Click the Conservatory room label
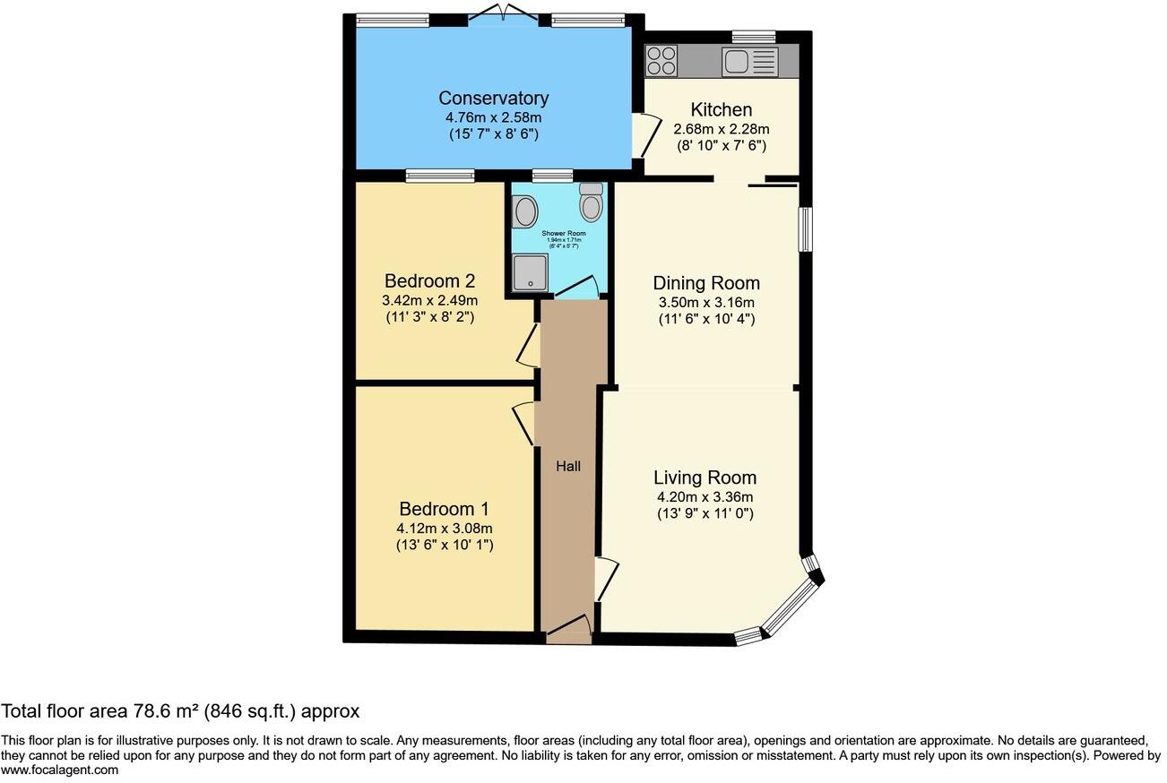[493, 99]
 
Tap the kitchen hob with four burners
[661, 61]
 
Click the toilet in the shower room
[591, 204]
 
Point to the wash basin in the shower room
[525, 212]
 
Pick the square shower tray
[529, 271]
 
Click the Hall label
[568, 466]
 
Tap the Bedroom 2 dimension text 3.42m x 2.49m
[429, 300]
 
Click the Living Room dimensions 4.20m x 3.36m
[705, 497]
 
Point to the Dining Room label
[706, 283]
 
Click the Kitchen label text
[722, 110]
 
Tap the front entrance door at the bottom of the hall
[568, 629]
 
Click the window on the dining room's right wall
[805, 229]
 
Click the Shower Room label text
[564, 233]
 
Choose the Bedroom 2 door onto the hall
[529, 346]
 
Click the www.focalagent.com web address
[59, 770]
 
